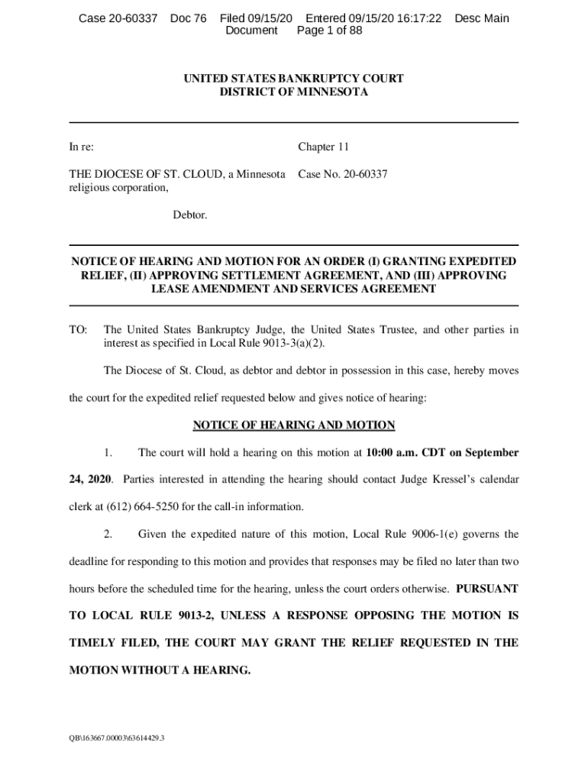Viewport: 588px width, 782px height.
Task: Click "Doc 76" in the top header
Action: point(188,18)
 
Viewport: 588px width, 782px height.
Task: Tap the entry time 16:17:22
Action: point(416,18)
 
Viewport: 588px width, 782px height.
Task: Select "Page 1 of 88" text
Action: point(329,31)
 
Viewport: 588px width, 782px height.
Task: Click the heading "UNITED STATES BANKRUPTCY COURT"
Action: point(294,79)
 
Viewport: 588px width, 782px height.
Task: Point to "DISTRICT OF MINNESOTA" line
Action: point(294,92)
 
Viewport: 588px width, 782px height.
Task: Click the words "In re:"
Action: point(82,147)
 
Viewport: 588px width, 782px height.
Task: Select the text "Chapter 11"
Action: point(323,147)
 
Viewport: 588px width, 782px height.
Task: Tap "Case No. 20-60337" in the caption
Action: point(342,174)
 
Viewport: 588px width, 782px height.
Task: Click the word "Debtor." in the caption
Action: point(189,215)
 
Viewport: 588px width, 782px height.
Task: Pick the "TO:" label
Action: point(79,330)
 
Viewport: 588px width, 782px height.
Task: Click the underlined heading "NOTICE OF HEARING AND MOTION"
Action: point(294,425)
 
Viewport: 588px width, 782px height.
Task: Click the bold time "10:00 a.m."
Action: point(393,453)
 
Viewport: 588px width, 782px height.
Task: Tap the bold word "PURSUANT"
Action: point(487,589)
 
